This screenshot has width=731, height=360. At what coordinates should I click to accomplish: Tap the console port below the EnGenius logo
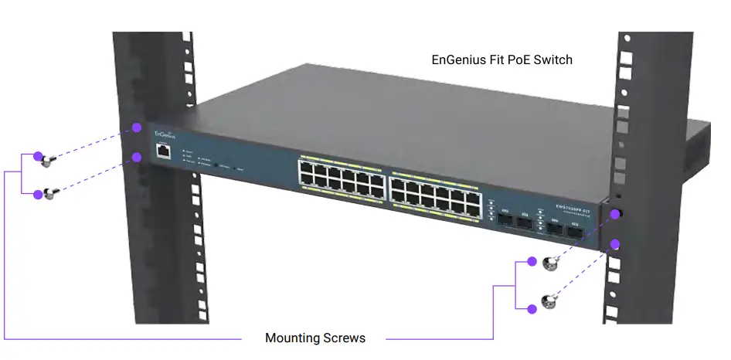click(x=162, y=151)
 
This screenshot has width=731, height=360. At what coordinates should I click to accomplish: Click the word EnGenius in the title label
click(x=458, y=59)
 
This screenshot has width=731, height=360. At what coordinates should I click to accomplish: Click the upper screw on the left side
click(x=48, y=160)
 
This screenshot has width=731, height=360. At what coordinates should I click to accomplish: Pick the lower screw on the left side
click(x=48, y=193)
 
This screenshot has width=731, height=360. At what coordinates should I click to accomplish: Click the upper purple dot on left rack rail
click(x=137, y=127)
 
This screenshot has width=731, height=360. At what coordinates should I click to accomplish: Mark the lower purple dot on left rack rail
click(x=137, y=158)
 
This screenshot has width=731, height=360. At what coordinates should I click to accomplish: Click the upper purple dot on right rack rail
click(x=616, y=214)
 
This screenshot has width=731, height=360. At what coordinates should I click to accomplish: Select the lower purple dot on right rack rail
click(x=616, y=244)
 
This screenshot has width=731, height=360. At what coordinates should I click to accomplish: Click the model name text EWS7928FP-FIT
click(x=573, y=207)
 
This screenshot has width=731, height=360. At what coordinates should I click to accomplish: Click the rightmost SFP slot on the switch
click(x=576, y=230)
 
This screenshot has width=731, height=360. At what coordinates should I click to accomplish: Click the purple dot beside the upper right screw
click(x=532, y=261)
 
